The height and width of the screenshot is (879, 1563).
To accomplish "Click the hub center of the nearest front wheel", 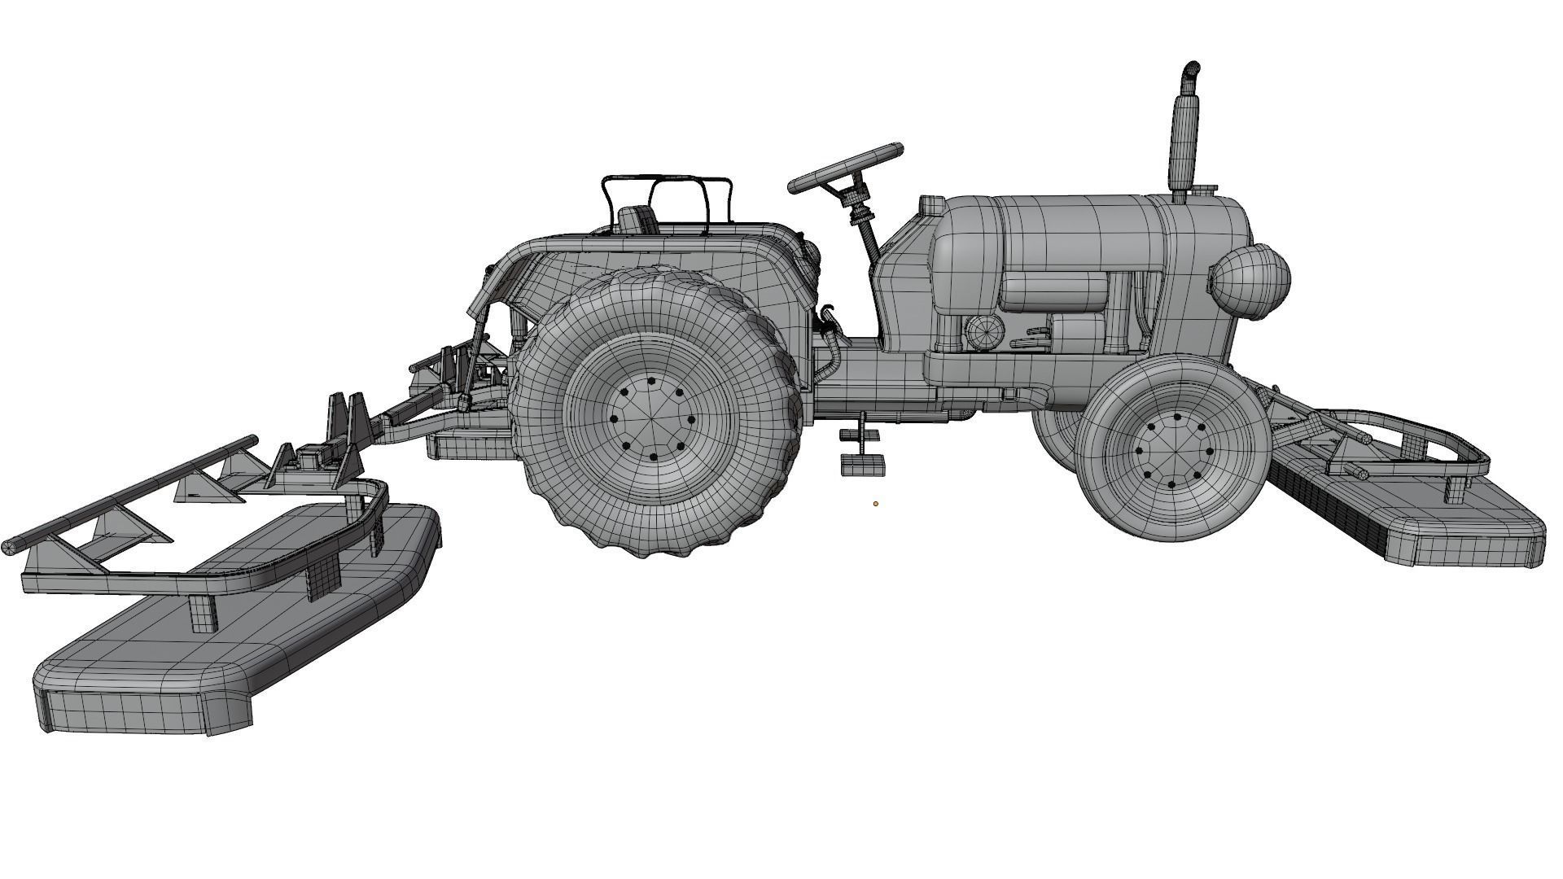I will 1172,451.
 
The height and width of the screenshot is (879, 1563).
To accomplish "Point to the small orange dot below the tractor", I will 876,504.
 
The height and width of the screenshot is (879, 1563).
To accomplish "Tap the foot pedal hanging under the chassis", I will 862,464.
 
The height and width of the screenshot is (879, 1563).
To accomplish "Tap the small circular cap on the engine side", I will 984,331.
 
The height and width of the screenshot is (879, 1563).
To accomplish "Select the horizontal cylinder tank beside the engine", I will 1053,291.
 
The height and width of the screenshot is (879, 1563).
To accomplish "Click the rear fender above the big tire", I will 651,252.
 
